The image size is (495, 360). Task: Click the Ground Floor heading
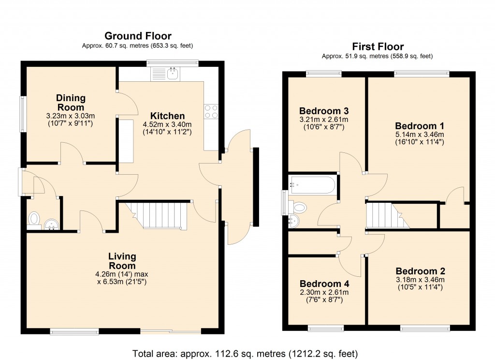138,36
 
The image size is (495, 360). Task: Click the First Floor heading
378,47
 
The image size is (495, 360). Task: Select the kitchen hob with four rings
211,112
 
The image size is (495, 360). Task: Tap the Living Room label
122,261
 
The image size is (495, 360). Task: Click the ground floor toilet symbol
34,219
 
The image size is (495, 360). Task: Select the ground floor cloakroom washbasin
51,224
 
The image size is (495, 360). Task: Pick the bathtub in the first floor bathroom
312,185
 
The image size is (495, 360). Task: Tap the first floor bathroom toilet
299,208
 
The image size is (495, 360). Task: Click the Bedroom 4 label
324,284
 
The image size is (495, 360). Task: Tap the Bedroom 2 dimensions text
420,283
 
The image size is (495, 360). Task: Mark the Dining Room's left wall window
22,114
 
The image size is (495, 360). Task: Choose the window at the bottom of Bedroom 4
326,329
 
